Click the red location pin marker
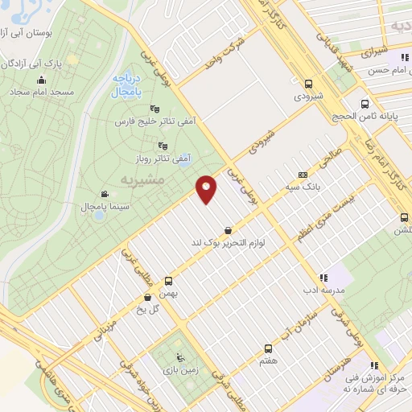pyautogui.click(x=208, y=189)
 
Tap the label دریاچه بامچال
pyautogui.click(x=127, y=86)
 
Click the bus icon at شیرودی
pyautogui.click(x=308, y=83)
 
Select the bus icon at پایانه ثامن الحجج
pyautogui.click(x=366, y=104)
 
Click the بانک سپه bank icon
pyautogui.click(x=303, y=175)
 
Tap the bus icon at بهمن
pyautogui.click(x=168, y=282)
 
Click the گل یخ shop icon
pyautogui.click(x=146, y=296)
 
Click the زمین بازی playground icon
pyautogui.click(x=180, y=358)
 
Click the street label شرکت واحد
pyautogui.click(x=224, y=53)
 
